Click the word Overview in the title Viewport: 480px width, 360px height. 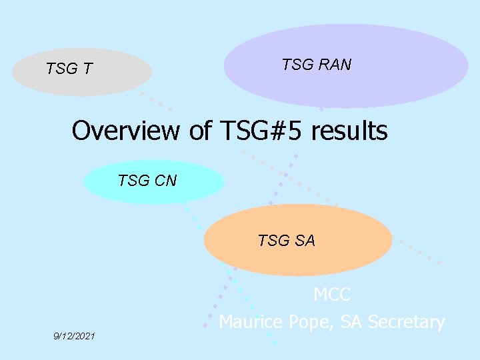126,131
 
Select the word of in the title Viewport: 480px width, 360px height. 200,131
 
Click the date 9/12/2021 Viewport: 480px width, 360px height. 74,336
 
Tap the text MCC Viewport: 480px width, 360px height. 332,294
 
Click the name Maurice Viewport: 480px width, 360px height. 253,322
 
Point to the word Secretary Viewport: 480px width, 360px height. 406,323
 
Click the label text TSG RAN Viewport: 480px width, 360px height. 316,65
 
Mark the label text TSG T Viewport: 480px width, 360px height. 69,69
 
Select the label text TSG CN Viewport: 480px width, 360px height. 147,180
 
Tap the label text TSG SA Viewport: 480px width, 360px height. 286,241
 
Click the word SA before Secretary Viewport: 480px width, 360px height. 351,322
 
